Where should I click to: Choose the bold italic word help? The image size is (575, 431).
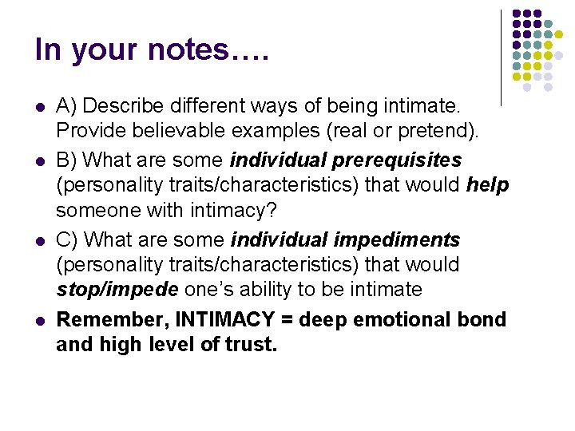click(x=488, y=185)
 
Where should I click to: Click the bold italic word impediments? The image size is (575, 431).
click(x=397, y=239)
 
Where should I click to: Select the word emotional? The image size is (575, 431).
click(x=396, y=319)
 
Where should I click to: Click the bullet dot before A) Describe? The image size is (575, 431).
click(x=40, y=105)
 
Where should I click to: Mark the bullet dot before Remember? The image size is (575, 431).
click(x=40, y=320)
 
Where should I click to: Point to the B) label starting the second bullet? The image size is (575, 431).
click(x=68, y=159)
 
